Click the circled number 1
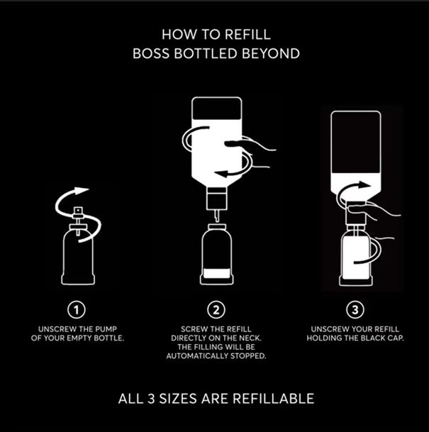[x=77, y=310]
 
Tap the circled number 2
[x=216, y=310]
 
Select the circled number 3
[x=355, y=310]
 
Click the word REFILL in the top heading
[x=247, y=35]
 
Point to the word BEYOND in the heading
[x=271, y=53]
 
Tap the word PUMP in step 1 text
[x=106, y=329]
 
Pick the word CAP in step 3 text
[x=396, y=338]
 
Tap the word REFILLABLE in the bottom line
[x=274, y=399]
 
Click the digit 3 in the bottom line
[x=151, y=399]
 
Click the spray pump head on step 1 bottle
[x=78, y=211]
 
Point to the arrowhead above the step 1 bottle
[x=82, y=190]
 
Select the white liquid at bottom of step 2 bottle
[x=217, y=274]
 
